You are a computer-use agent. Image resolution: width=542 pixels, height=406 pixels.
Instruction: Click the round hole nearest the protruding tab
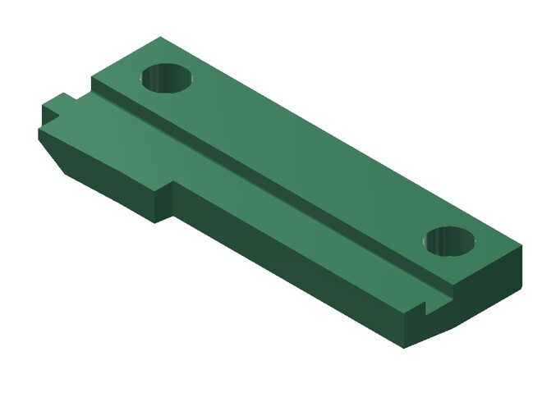[x=167, y=79]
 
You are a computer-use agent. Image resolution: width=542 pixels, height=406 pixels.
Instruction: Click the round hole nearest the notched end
[x=451, y=241]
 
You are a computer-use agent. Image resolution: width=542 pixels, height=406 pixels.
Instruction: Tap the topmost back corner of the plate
[x=161, y=37]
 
